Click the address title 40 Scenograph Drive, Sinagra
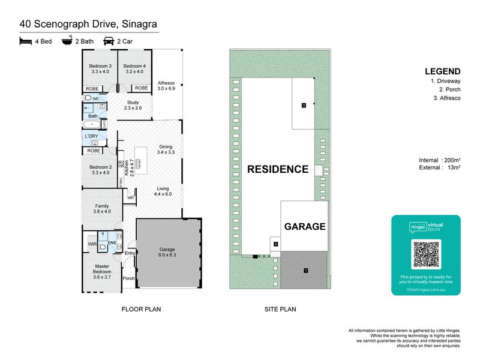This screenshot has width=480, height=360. [89, 24]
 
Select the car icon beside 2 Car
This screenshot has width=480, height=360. [109, 42]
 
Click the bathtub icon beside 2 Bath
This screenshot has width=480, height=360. [66, 42]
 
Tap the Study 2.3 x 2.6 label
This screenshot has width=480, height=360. [133, 105]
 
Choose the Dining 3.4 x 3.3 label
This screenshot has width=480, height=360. [166, 149]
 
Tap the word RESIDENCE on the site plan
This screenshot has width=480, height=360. [278, 169]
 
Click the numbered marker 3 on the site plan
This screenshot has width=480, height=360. [304, 106]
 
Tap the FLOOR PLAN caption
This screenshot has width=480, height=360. [142, 310]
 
